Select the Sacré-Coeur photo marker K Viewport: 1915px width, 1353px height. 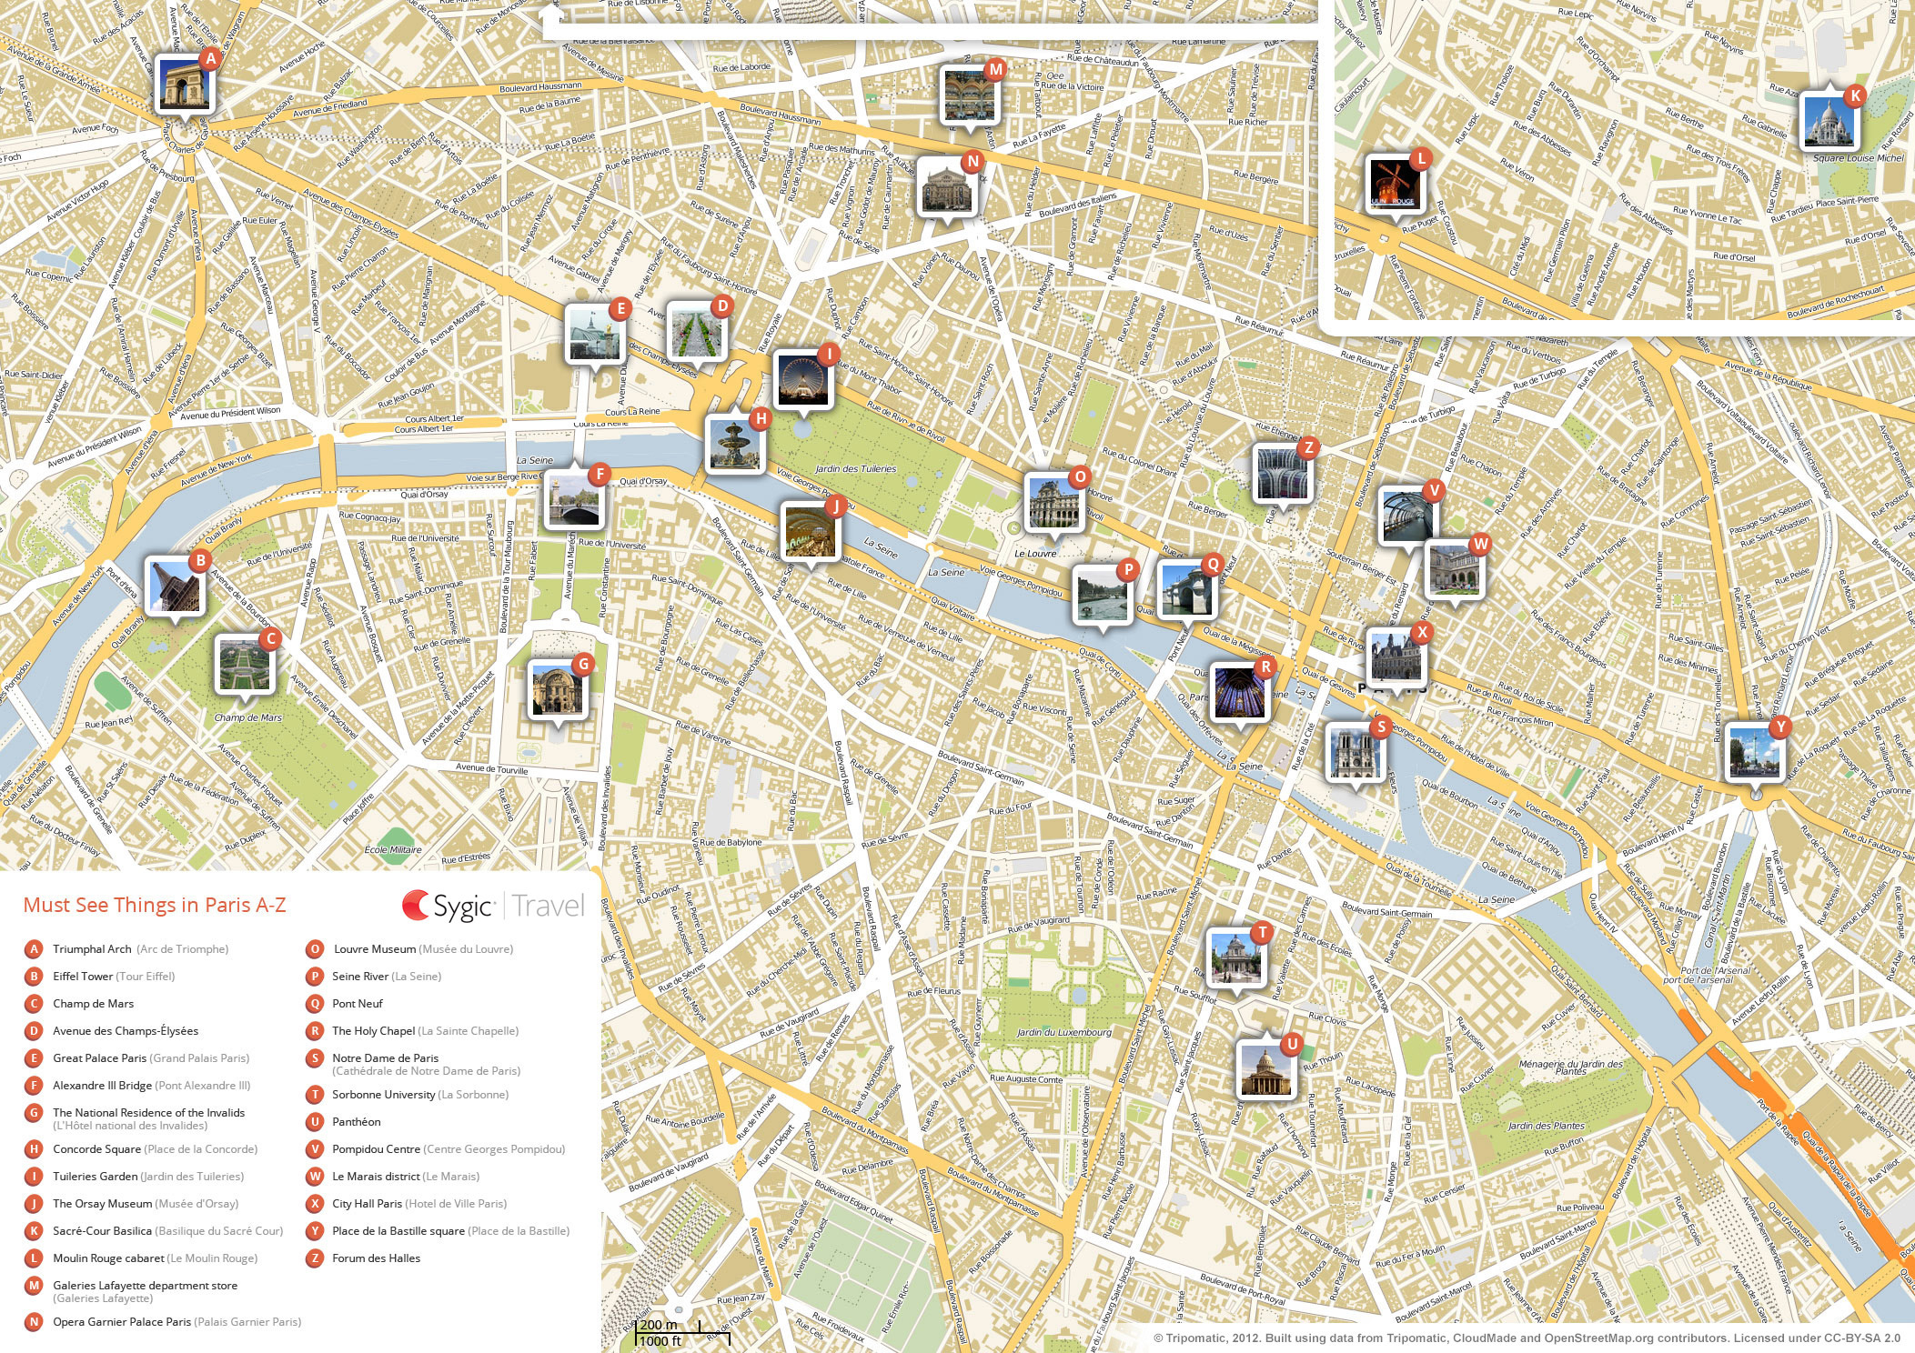tap(1829, 121)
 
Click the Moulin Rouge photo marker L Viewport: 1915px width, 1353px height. tap(1394, 184)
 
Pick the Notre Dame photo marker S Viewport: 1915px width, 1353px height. tap(1355, 752)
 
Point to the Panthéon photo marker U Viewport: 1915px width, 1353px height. tap(1265, 1070)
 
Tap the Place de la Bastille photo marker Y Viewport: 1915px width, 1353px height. tap(1754, 751)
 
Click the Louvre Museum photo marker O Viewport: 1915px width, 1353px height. tap(1053, 501)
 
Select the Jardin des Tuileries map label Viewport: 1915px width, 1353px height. tap(855, 469)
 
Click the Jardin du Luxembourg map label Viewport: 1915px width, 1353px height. tap(1063, 1032)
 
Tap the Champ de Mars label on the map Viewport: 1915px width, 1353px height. tap(247, 717)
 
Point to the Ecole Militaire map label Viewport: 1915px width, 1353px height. tap(393, 850)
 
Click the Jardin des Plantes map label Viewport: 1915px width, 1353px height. tap(1546, 1126)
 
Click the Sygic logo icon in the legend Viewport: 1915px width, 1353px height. tap(416, 905)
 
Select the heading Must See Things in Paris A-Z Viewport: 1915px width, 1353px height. tap(155, 905)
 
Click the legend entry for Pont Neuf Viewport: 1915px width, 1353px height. tap(357, 1004)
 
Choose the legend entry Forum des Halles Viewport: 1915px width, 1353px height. tap(376, 1258)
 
